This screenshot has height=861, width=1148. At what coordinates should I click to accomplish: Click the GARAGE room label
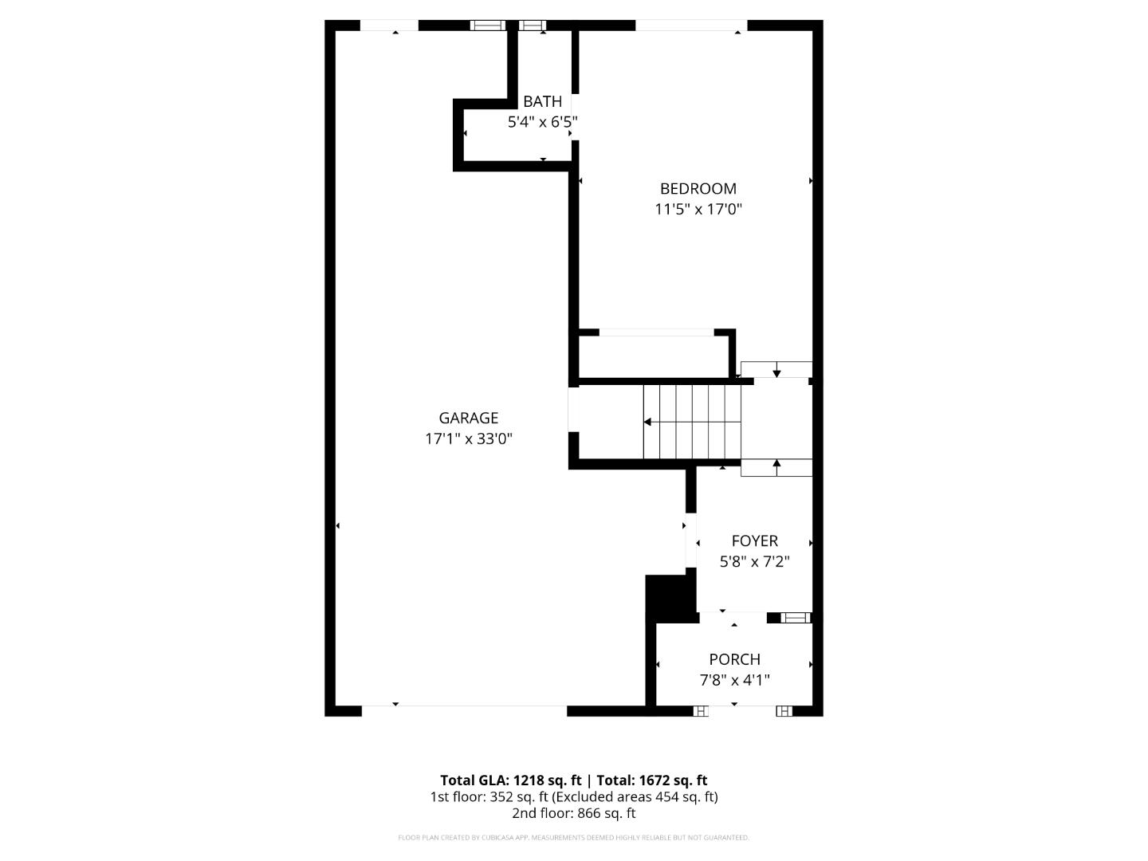click(x=468, y=418)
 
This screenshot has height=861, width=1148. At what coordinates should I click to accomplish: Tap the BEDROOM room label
click(x=698, y=189)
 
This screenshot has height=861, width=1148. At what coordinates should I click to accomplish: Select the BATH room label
click(x=542, y=101)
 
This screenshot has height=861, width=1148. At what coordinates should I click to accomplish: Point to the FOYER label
click(x=754, y=541)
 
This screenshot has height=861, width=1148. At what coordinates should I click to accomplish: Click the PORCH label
click(x=734, y=659)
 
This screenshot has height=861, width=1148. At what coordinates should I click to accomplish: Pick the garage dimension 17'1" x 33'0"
click(x=468, y=438)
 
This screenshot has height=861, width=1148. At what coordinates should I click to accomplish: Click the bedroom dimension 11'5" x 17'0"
click(x=698, y=210)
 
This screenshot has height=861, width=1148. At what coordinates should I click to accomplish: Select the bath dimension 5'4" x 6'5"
click(x=542, y=122)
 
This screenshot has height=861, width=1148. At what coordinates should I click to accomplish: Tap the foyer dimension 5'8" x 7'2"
click(x=754, y=562)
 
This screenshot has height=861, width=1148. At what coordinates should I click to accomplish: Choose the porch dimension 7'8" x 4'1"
click(x=734, y=680)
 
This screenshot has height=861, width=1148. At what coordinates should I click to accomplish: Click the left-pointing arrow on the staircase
click(x=648, y=422)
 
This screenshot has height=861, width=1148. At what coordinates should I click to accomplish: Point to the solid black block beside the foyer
click(x=670, y=598)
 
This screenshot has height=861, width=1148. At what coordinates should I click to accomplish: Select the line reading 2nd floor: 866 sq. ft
click(x=573, y=813)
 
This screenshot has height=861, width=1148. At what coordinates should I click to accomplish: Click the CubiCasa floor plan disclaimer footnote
click(x=573, y=838)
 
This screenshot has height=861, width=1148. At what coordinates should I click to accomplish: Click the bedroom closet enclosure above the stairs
click(x=652, y=356)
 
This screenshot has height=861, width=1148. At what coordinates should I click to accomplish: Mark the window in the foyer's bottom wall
click(x=795, y=617)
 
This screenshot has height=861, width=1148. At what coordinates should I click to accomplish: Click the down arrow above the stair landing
click(x=776, y=371)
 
